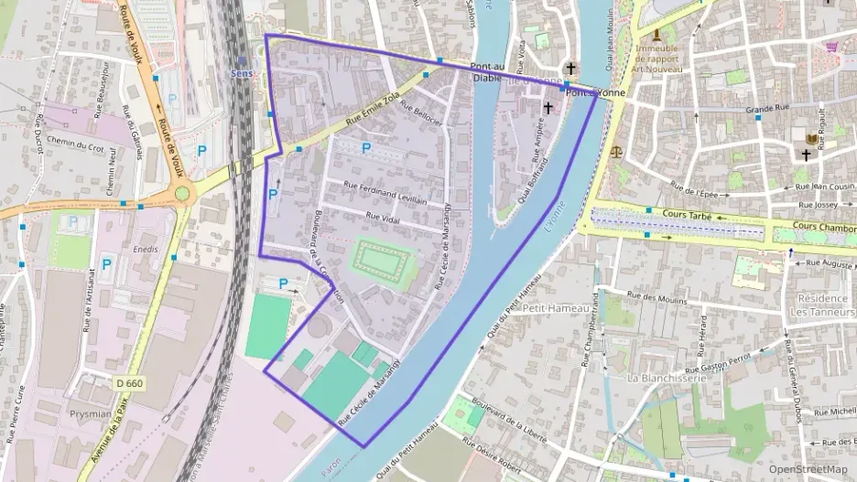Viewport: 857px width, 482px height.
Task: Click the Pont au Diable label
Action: pos(487,72)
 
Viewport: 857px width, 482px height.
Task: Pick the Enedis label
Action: pos(145,249)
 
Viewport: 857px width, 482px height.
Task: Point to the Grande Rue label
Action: pos(767,109)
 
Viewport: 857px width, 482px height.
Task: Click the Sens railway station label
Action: pos(242,72)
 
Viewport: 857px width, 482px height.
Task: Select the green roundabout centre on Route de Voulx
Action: pos(182,193)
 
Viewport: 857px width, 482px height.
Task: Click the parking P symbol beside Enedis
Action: pos(106,264)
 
